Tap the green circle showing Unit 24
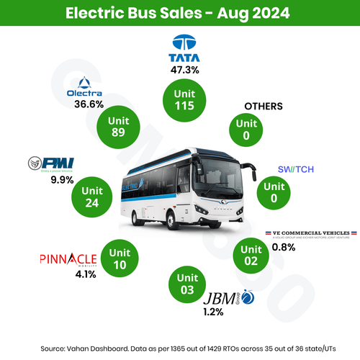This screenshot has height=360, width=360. pyautogui.click(x=92, y=195)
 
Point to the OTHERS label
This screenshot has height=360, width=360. pyautogui.click(x=264, y=106)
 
